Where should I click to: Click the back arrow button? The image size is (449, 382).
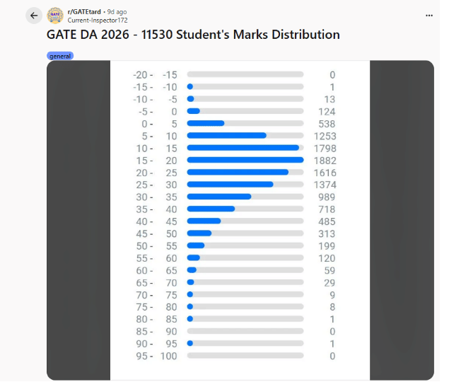pyautogui.click(x=33, y=16)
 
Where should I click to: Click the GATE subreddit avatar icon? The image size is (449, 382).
pyautogui.click(x=55, y=16)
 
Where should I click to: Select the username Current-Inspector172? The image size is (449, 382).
pyautogui.click(x=98, y=21)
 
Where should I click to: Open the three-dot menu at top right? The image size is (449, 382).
pyautogui.click(x=428, y=15)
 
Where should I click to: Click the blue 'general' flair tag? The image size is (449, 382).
pyautogui.click(x=60, y=56)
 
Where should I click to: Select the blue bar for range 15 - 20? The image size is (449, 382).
pyautogui.click(x=245, y=160)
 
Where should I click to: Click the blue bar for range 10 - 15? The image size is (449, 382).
pyautogui.click(x=243, y=148)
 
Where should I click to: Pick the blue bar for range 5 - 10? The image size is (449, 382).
pyautogui.click(x=226, y=135)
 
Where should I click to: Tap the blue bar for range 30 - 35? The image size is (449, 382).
pyautogui.click(x=218, y=197)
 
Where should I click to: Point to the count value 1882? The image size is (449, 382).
pyautogui.click(x=325, y=161)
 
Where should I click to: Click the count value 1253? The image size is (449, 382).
pyautogui.click(x=325, y=136)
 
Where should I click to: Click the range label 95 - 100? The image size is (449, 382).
pyautogui.click(x=156, y=356)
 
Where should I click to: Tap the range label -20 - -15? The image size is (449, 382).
pyautogui.click(x=155, y=75)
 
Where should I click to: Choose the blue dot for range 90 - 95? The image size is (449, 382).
pyautogui.click(x=189, y=343)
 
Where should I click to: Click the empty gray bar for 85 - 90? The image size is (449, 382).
pyautogui.click(x=245, y=331)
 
